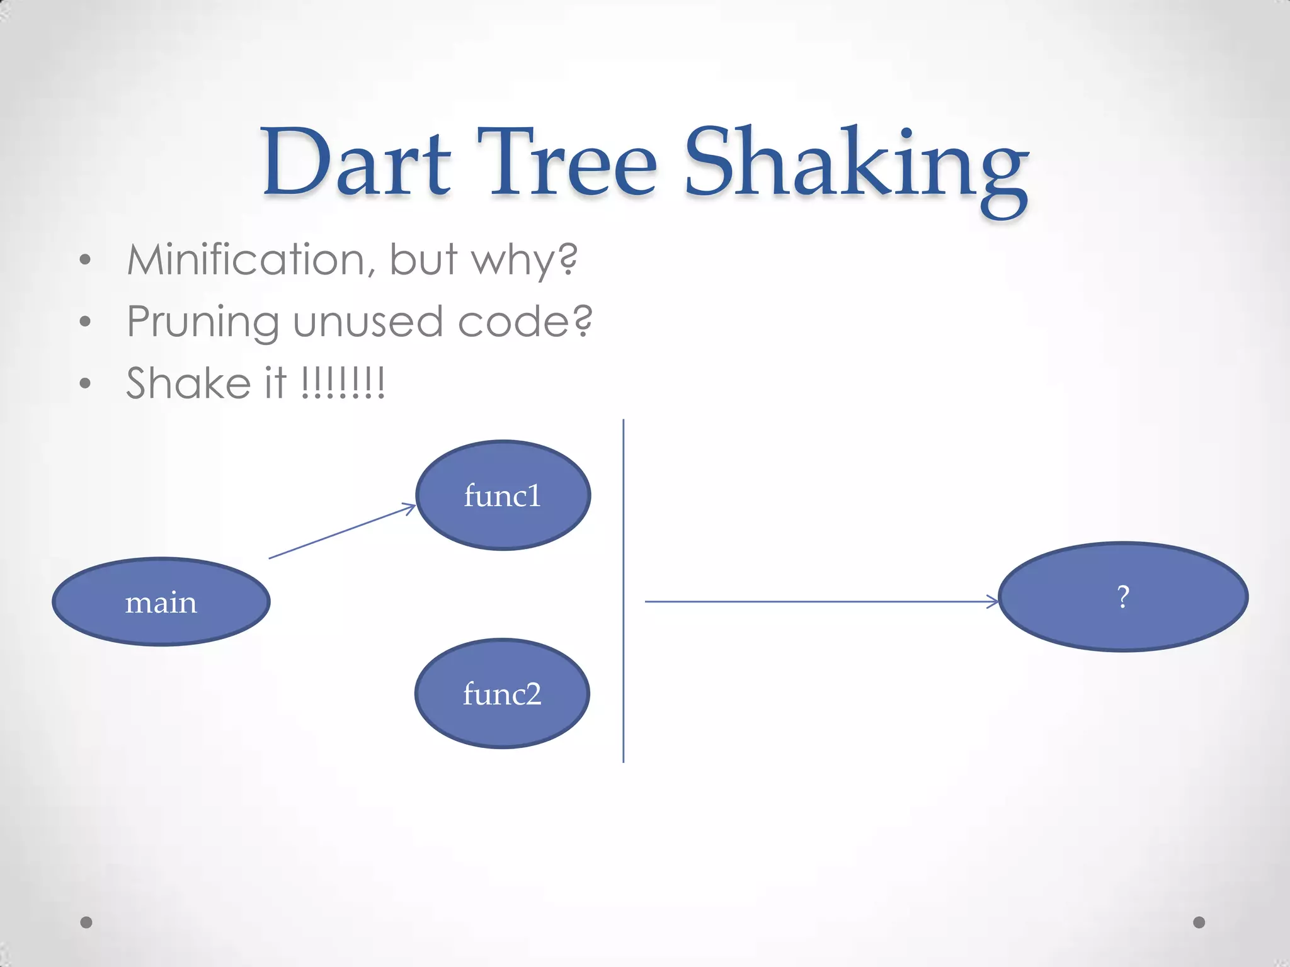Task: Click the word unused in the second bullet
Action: click(368, 321)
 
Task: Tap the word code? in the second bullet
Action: click(524, 321)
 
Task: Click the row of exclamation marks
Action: click(343, 383)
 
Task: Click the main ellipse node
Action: click(161, 602)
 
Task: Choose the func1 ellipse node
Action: click(503, 495)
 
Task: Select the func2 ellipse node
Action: click(502, 694)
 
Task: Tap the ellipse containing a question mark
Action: click(1123, 596)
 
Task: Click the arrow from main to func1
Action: click(342, 531)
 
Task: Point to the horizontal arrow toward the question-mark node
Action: click(819, 602)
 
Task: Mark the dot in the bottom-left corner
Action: click(86, 922)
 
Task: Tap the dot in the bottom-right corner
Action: click(1199, 922)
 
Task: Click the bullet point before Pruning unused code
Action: click(86, 322)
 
